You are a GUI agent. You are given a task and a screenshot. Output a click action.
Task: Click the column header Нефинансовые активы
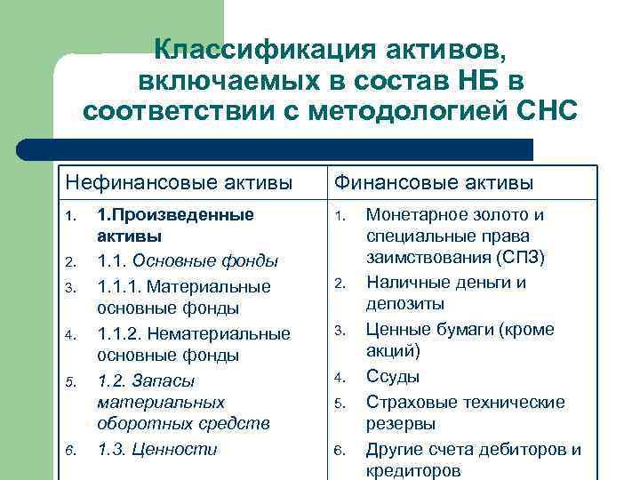click(179, 183)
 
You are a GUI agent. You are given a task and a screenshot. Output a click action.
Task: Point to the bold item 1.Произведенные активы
click(175, 226)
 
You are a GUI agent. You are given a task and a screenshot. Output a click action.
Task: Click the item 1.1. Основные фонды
click(188, 261)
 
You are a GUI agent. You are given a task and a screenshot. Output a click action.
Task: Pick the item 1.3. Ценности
click(156, 449)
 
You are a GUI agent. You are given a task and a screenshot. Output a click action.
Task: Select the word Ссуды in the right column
click(392, 376)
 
